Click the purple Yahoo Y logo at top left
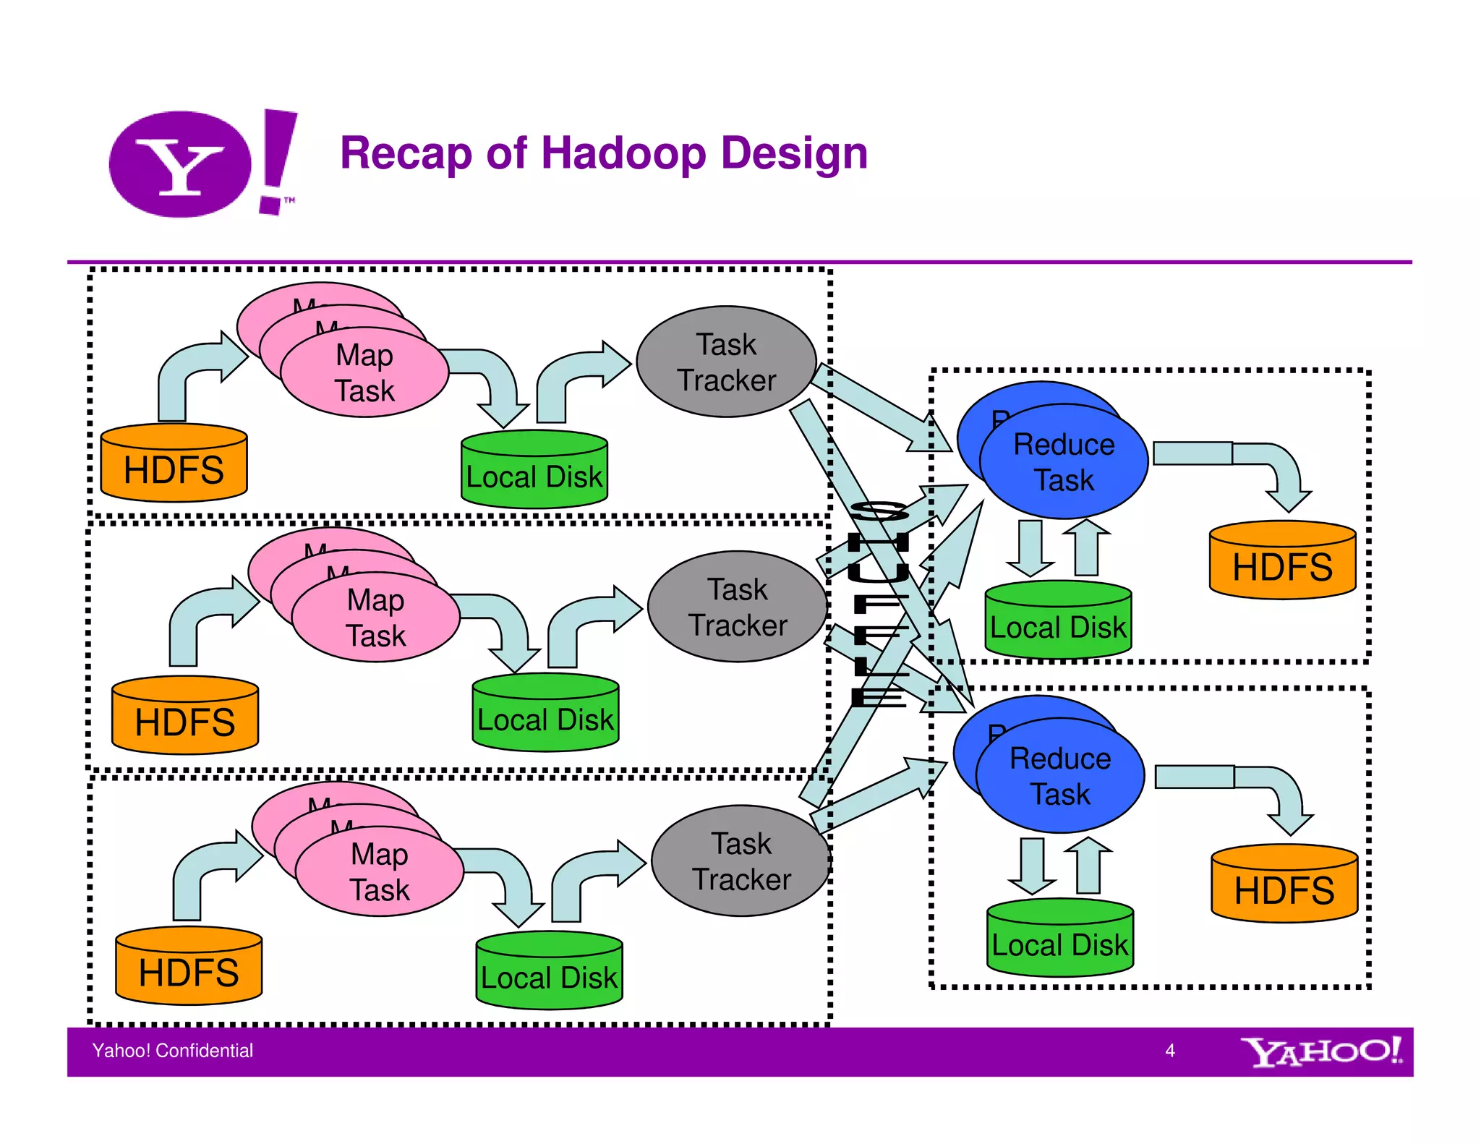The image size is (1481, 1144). (181, 164)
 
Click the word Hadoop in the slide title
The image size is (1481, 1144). (623, 153)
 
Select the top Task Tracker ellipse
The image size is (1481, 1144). (726, 362)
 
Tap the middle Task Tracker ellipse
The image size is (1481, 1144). (737, 607)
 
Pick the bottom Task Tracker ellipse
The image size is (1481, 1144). (741, 861)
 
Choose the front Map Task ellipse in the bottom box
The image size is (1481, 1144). (380, 873)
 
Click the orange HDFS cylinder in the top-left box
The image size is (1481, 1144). (174, 466)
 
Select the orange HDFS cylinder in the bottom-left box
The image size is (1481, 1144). (189, 969)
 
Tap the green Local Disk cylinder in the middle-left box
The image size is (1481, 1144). (545, 716)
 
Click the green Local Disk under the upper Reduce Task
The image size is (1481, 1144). (1058, 623)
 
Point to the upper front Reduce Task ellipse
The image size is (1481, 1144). (1064, 463)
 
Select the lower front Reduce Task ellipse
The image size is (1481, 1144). (1060, 777)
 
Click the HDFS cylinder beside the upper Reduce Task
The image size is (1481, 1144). (1282, 563)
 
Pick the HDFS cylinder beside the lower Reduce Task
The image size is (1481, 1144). (1284, 887)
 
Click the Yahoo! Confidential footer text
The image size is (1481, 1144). (173, 1051)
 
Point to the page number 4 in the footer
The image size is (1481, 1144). (1170, 1051)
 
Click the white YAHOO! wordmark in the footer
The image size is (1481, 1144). (1321, 1051)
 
